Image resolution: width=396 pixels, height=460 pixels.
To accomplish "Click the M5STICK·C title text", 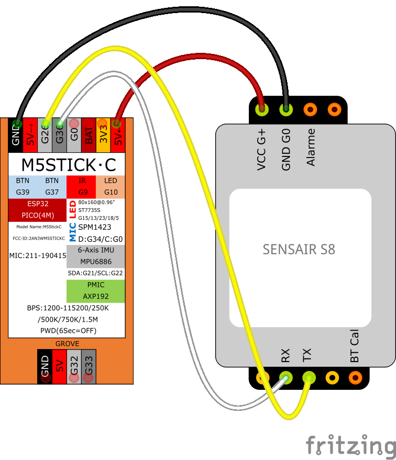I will pos(68,164).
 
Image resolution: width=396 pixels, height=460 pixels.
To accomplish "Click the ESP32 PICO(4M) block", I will pos(37,209).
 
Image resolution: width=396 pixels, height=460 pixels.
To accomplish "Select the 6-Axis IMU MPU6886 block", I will pos(95,256).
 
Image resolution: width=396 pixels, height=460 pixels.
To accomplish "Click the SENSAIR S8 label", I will pos(299,249).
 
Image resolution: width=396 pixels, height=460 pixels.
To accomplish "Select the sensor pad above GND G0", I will pos(285,109).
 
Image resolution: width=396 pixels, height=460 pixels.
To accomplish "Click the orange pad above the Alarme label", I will pos(310,109).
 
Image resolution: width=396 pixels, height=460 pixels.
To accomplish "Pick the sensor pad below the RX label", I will pos(285,377).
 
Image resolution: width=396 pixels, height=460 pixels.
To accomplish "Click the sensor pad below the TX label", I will pos(309,377).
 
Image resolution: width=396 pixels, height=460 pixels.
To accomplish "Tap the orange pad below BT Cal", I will pos(356,377).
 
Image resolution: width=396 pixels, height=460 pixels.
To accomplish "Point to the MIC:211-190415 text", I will pos(38,256).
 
